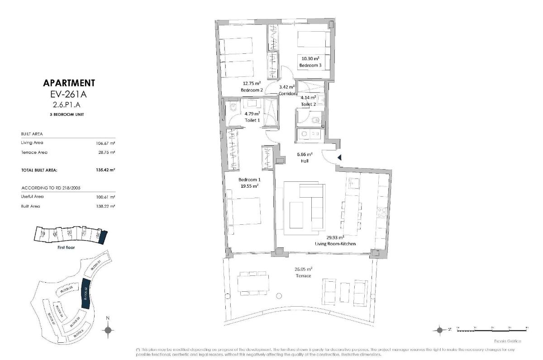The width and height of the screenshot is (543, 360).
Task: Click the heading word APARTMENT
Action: pyautogui.click(x=69, y=83)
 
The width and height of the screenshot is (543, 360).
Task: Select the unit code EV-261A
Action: pyautogui.click(x=69, y=95)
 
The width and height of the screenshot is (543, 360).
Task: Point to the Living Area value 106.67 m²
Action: pyautogui.click(x=106, y=143)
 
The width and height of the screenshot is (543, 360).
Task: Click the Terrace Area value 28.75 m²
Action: pyautogui.click(x=107, y=152)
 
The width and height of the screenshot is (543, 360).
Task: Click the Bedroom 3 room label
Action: pyautogui.click(x=310, y=66)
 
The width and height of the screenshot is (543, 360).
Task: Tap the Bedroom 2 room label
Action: pyautogui.click(x=252, y=90)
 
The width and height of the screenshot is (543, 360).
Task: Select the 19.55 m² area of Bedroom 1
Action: pyautogui.click(x=249, y=185)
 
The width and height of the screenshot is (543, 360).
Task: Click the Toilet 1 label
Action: pyautogui.click(x=252, y=120)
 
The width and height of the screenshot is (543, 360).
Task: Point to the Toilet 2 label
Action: pyautogui.click(x=309, y=104)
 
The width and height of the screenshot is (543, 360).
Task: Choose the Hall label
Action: pyautogui.click(x=305, y=161)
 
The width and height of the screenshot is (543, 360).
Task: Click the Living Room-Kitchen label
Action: pyautogui.click(x=335, y=244)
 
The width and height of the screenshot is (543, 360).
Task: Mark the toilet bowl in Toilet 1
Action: pyautogui.click(x=233, y=108)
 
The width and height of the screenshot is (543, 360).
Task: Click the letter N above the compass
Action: pyautogui.click(x=108, y=318)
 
